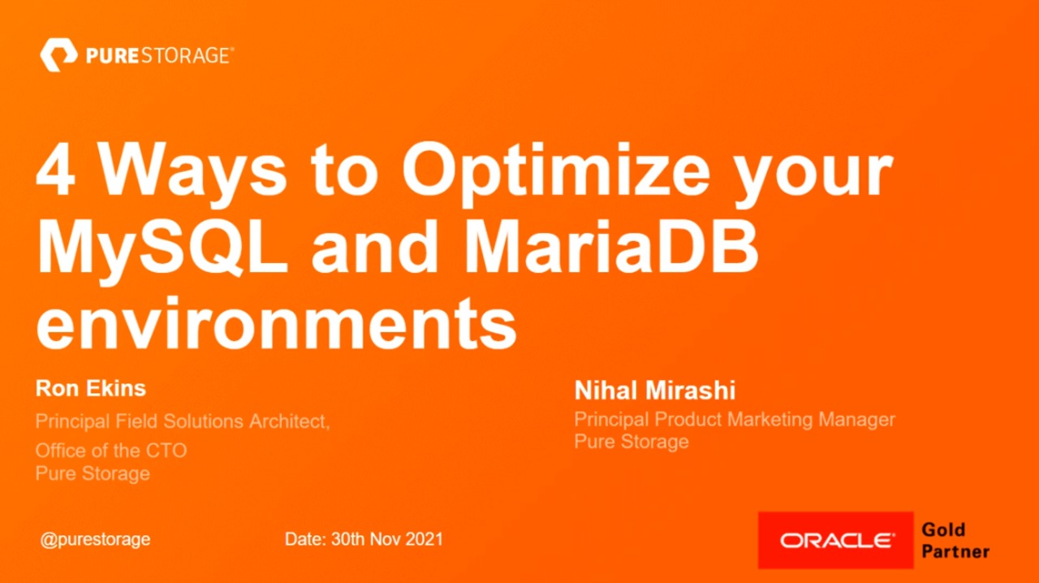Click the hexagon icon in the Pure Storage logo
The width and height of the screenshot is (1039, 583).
[58, 56]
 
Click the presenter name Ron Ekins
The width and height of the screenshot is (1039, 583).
[91, 388]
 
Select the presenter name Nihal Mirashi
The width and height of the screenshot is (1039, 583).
[655, 391]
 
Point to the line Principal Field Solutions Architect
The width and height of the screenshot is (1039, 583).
[183, 421]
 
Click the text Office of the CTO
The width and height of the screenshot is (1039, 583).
[111, 450]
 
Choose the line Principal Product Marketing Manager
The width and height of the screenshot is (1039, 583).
[735, 420]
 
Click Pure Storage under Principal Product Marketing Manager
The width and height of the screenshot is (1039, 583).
[632, 442]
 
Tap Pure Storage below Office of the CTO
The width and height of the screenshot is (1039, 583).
[93, 473]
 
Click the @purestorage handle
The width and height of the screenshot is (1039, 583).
[96, 539]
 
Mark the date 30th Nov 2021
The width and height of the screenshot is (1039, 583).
[364, 539]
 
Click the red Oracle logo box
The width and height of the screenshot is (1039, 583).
[835, 540]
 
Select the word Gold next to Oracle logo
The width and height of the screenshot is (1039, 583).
[943, 530]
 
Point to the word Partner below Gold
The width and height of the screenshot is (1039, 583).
[955, 551]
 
